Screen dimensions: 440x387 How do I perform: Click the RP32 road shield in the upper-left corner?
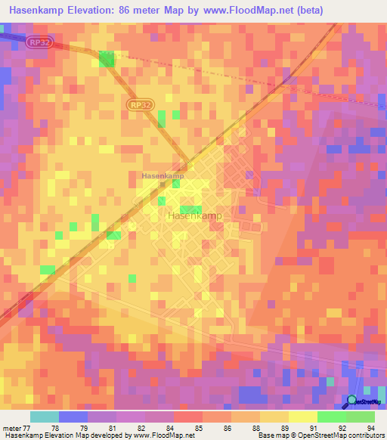click(39, 43)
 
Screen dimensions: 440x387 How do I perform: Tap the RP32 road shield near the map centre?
click(138, 106)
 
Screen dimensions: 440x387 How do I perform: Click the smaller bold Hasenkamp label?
click(163, 176)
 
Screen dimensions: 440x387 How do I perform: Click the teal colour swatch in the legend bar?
click(45, 417)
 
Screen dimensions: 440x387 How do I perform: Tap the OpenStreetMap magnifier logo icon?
click(352, 400)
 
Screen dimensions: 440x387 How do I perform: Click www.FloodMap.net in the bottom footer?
click(161, 435)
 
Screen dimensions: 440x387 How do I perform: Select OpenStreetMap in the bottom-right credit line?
click(314, 435)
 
